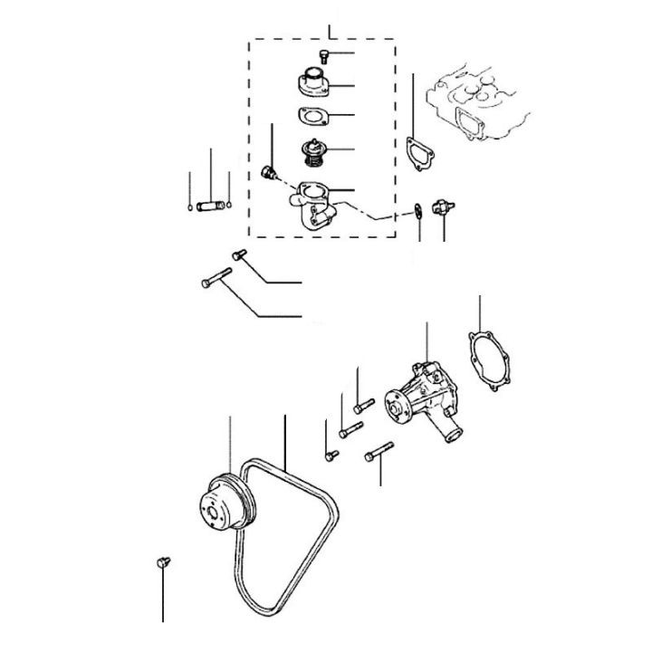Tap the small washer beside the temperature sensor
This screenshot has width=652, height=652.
coord(418,210)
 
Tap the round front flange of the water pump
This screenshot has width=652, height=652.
coord(395,408)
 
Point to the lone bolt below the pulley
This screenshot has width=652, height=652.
coord(163,563)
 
